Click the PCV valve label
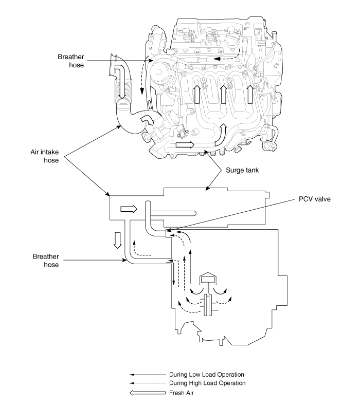(315, 199)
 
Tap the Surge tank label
(242, 170)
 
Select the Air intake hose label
(45, 156)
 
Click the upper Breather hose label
(71, 61)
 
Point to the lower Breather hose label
(46, 261)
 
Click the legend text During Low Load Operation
(207, 375)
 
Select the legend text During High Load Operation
(207, 383)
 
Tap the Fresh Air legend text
(182, 393)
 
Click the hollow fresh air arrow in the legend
(147, 393)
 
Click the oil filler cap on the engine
(231, 40)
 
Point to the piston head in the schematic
(208, 278)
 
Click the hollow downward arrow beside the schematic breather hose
(118, 241)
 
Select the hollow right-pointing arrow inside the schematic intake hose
(129, 209)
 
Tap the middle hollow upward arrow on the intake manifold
(223, 94)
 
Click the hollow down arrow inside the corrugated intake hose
(121, 81)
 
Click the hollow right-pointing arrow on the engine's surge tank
(185, 145)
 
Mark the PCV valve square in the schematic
(168, 233)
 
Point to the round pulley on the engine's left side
(161, 72)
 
